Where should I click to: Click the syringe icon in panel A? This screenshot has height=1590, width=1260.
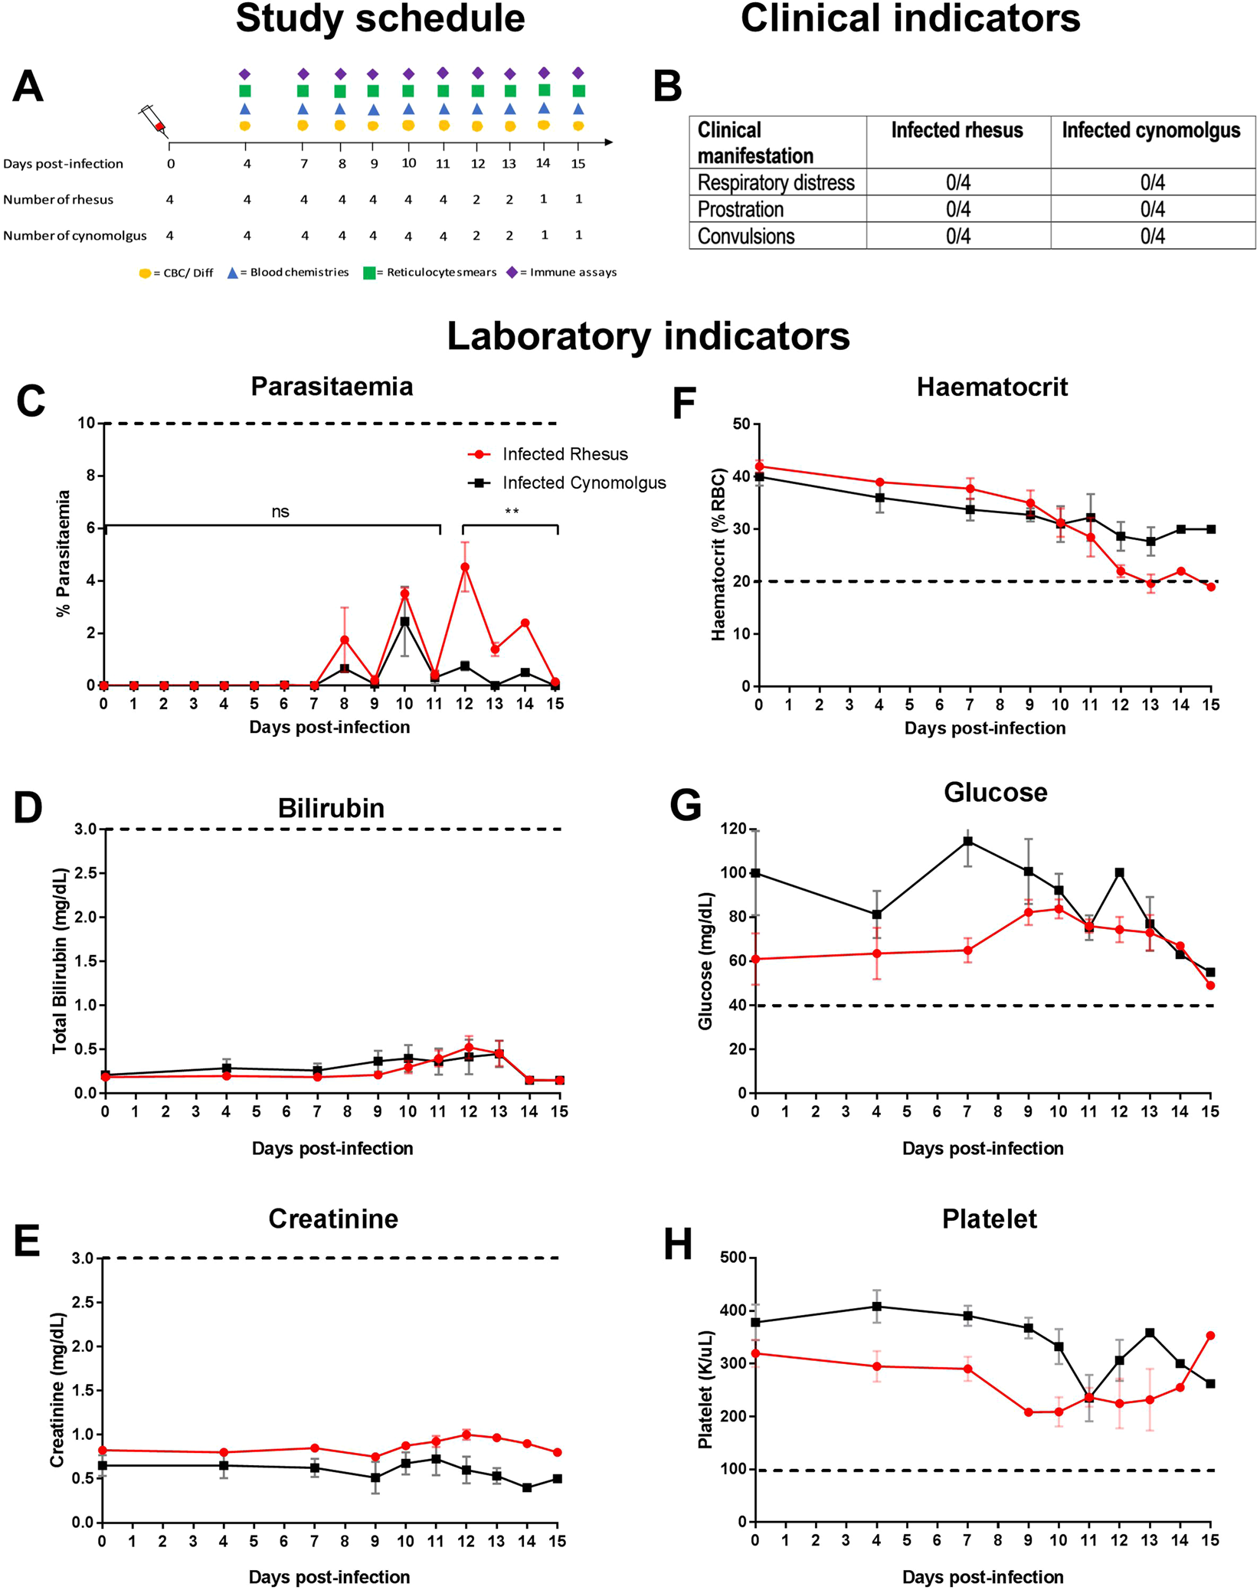coord(152,121)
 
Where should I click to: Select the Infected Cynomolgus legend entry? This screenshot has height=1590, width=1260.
coord(583,483)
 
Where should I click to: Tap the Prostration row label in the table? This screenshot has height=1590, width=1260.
coord(740,209)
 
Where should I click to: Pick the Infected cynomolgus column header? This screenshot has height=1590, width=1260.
coord(1150,130)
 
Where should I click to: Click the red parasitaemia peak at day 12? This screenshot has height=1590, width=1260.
coord(465,567)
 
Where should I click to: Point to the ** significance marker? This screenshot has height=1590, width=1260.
coord(512,511)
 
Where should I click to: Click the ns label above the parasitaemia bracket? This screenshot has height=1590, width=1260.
coord(280,512)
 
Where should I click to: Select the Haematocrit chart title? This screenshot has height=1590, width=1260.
coord(991,387)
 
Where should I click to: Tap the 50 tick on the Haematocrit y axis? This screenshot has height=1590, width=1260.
coord(740,424)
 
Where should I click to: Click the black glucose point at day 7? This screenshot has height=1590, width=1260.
coord(968,841)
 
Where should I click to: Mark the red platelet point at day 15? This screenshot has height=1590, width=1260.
coord(1210,1336)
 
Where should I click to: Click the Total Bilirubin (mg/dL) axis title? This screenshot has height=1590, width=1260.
coord(61,960)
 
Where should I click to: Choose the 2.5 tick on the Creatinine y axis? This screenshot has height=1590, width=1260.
coord(81,1302)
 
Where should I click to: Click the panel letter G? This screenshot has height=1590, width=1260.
coord(685,806)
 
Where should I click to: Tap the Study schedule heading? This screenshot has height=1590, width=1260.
coord(380,18)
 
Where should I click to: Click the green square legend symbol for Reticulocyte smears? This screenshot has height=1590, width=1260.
coord(369,273)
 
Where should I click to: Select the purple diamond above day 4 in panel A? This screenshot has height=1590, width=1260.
coord(245,74)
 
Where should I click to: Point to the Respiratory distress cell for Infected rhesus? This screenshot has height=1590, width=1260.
coord(957,182)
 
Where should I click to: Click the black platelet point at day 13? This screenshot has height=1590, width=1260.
coord(1150,1333)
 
